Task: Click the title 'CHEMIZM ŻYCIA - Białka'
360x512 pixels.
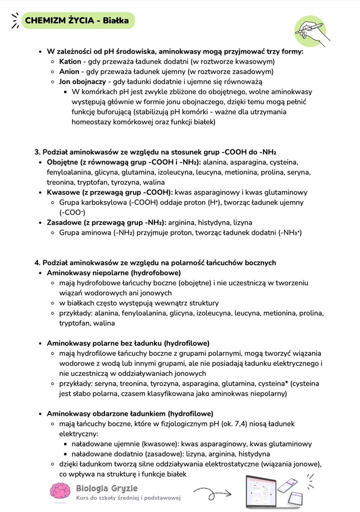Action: pyautogui.click(x=76, y=21)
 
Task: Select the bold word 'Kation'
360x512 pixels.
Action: pyautogui.click(x=70, y=62)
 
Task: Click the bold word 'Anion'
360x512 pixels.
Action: pyautogui.click(x=69, y=72)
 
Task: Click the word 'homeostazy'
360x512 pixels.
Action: pyautogui.click(x=91, y=122)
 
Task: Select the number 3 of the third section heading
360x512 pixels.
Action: pyautogui.click(x=36, y=152)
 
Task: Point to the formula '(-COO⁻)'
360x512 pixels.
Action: pyautogui.click(x=72, y=212)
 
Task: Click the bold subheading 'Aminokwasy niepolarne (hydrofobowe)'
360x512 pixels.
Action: pyautogui.click(x=113, y=273)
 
